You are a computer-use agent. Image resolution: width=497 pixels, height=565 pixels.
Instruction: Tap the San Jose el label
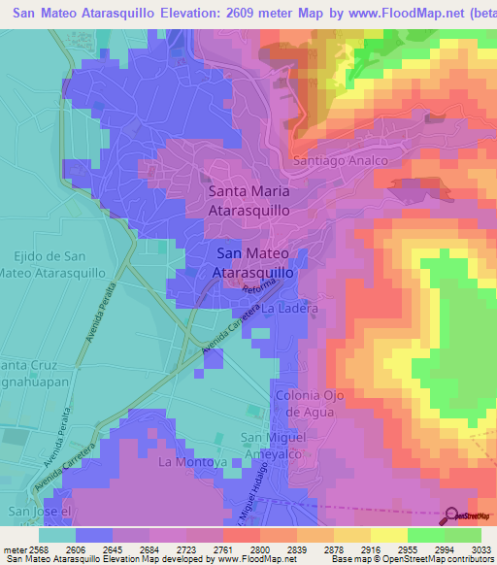[x=39, y=511]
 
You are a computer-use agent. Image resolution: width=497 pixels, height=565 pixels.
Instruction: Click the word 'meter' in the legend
[x=14, y=549]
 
